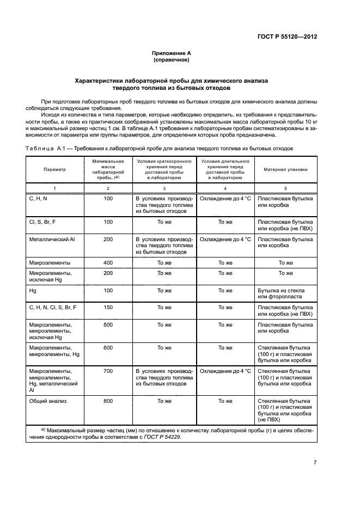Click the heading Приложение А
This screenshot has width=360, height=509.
(172, 53)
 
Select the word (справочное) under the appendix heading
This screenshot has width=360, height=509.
(172, 60)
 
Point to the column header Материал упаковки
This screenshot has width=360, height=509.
(285, 169)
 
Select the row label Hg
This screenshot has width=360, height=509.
(33, 290)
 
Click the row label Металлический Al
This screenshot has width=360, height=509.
(50, 239)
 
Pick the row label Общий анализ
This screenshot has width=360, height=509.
(47, 401)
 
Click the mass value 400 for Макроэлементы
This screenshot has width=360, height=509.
(108, 262)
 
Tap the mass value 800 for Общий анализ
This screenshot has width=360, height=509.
(108, 401)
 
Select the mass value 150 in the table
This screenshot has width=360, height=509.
(108, 308)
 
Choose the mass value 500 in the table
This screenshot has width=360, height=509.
(108, 324)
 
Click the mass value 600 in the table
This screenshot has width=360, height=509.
(108, 347)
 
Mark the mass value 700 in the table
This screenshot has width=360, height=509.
(108, 371)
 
